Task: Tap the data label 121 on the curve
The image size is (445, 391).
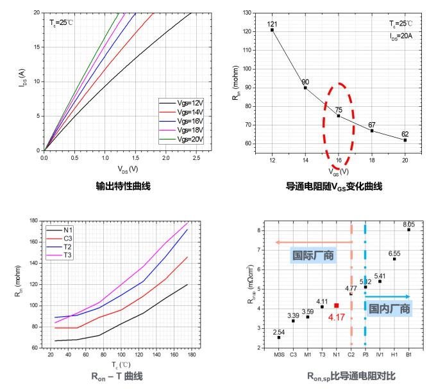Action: click(272, 24)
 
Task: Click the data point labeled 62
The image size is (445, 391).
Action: click(405, 140)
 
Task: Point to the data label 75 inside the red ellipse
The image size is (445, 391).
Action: click(339, 109)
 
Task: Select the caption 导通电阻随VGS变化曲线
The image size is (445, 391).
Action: click(334, 186)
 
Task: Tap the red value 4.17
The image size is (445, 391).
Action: click(336, 316)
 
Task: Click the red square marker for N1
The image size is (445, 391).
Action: click(337, 305)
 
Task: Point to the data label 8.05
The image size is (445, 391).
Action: click(408, 225)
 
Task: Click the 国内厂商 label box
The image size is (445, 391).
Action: click(389, 308)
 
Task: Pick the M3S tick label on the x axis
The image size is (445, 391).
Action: click(279, 353)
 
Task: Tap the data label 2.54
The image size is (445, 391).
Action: click(279, 331)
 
